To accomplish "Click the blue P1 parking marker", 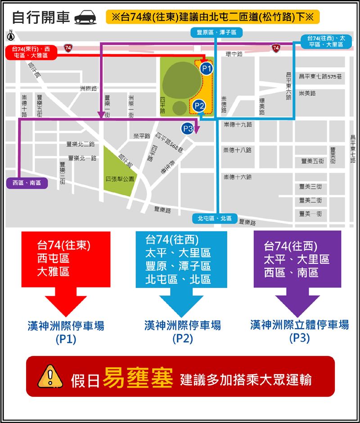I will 206,68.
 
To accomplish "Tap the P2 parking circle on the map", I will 199,106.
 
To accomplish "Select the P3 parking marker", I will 188,129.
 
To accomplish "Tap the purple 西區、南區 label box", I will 26,183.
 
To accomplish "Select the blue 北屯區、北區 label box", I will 215,218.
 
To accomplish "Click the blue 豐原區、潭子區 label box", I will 216,32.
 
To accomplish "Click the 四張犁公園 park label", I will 120,179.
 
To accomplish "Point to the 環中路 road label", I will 234,54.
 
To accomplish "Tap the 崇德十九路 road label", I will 237,124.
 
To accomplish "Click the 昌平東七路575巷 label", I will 320,76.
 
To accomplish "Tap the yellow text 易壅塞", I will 138,378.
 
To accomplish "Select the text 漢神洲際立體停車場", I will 299,324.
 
